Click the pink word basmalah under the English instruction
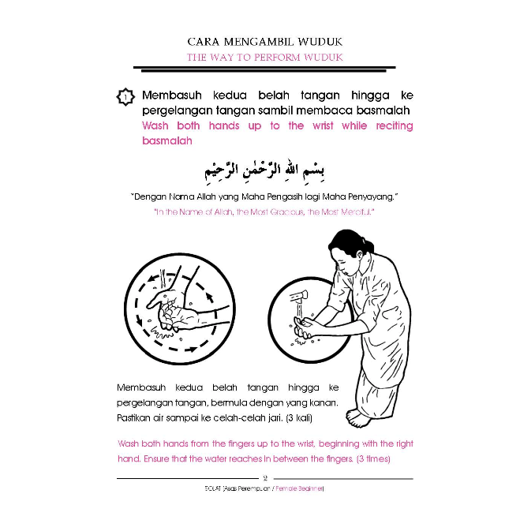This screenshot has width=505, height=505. click(x=167, y=141)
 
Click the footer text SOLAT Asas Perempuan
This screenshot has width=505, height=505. click(x=229, y=490)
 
